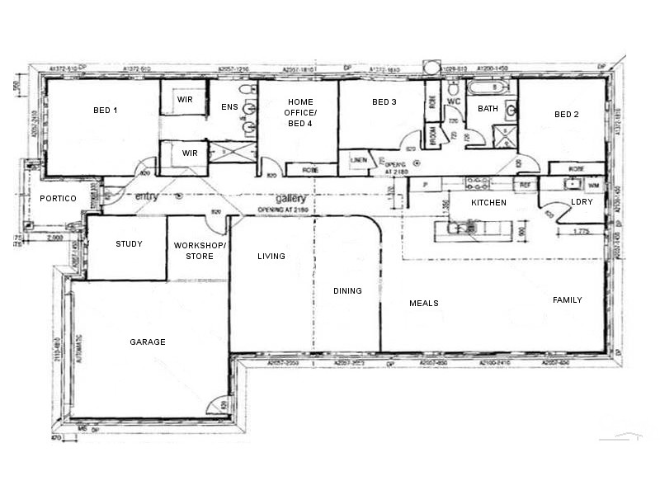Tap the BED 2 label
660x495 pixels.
pos(566,114)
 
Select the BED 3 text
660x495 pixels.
pos(384,102)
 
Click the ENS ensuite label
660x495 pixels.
pos(229,107)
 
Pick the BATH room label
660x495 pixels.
pos(488,108)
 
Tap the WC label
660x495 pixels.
pos(453,101)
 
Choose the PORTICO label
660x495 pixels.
pos(58,199)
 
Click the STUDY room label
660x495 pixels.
pos(129,243)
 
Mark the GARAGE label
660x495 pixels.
pos(148,342)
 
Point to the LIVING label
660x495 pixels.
pos(271,257)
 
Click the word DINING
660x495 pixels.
pos(347,290)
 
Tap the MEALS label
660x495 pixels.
pos(423,304)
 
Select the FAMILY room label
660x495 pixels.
pos(568,300)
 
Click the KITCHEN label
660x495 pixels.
pos(488,202)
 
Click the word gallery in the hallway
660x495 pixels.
pos(292,200)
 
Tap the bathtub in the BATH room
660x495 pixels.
pos(487,87)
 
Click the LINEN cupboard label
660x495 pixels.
pos(357,159)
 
